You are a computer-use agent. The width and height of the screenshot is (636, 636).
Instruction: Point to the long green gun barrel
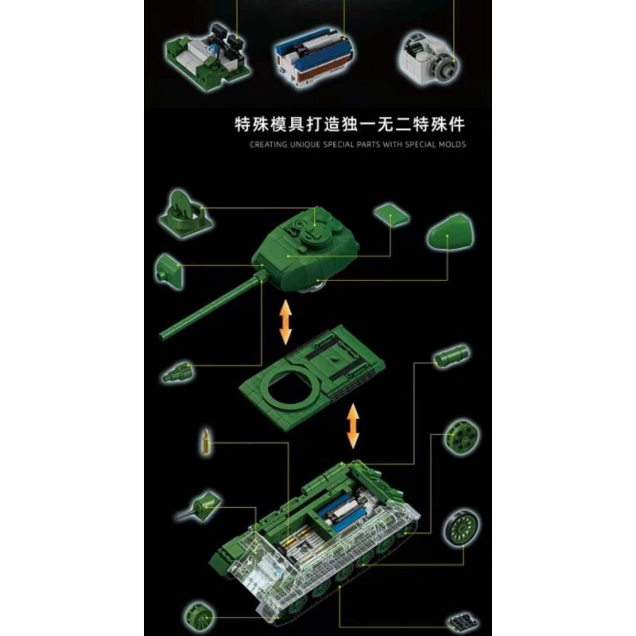(x=211, y=307)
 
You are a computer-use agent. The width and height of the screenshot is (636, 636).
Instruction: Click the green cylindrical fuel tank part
(x=451, y=355)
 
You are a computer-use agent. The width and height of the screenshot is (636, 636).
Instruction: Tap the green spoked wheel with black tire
(x=460, y=525)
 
